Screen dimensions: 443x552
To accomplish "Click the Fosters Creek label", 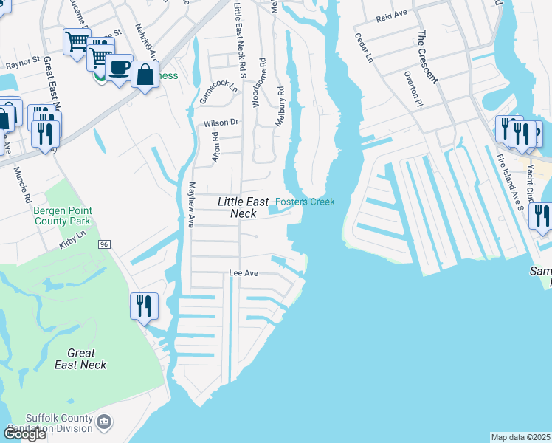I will click(305, 202).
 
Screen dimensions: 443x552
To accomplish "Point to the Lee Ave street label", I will click(243, 273).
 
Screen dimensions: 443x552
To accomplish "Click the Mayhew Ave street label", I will click(190, 205).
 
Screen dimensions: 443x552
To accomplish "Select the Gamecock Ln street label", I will click(218, 92).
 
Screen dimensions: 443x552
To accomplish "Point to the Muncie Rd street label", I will click(23, 185).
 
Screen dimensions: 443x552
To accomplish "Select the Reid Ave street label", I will click(392, 15).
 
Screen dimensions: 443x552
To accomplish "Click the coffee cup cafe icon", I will click(118, 68).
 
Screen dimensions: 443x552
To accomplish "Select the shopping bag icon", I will click(145, 75).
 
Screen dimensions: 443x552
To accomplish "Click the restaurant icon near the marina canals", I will click(144, 305).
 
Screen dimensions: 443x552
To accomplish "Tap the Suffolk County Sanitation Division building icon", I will click(105, 422).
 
